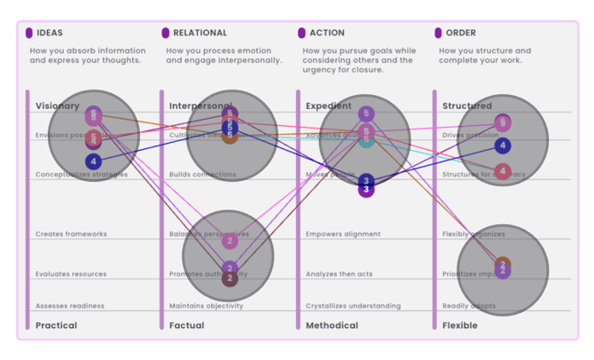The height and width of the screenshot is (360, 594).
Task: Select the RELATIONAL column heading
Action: pos(199,33)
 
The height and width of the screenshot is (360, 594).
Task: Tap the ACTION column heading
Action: pos(327,33)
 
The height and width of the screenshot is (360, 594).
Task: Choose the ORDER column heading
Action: pos(461,33)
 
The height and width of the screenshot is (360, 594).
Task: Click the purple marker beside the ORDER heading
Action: pos(438,33)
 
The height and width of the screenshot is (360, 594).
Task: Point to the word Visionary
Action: pos(57,106)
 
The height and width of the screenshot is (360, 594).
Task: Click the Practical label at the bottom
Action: pos(56,325)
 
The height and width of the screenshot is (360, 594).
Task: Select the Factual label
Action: pos(186,325)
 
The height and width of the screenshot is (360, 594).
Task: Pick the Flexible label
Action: pos(459,325)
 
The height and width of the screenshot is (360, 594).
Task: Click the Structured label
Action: pos(466,106)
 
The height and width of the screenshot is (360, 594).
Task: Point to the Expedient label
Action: pos(328,106)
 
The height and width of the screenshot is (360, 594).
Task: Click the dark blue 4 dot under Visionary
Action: pos(94,161)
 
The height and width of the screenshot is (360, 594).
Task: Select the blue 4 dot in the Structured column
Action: pos(503,145)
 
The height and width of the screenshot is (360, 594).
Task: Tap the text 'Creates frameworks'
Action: pos(71,234)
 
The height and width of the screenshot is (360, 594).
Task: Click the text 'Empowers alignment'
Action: pos(342,234)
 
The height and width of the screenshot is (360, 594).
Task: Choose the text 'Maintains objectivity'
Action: pos(206,306)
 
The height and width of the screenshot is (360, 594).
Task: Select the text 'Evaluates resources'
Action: pos(70,274)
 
